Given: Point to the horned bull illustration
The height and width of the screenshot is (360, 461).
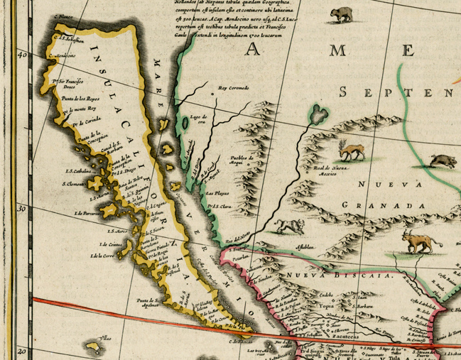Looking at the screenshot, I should point(417,241).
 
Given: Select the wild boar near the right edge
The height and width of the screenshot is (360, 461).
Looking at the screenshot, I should point(443,161).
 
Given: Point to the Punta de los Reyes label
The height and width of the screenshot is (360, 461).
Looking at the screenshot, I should point(78,97).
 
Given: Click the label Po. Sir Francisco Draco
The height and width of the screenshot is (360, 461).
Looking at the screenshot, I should point(62,84).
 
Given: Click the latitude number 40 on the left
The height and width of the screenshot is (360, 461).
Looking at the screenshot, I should point(22,55).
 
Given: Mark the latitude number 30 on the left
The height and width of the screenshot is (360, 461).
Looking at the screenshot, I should point(22,209).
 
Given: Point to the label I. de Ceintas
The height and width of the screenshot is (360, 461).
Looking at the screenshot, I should point(105,244).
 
